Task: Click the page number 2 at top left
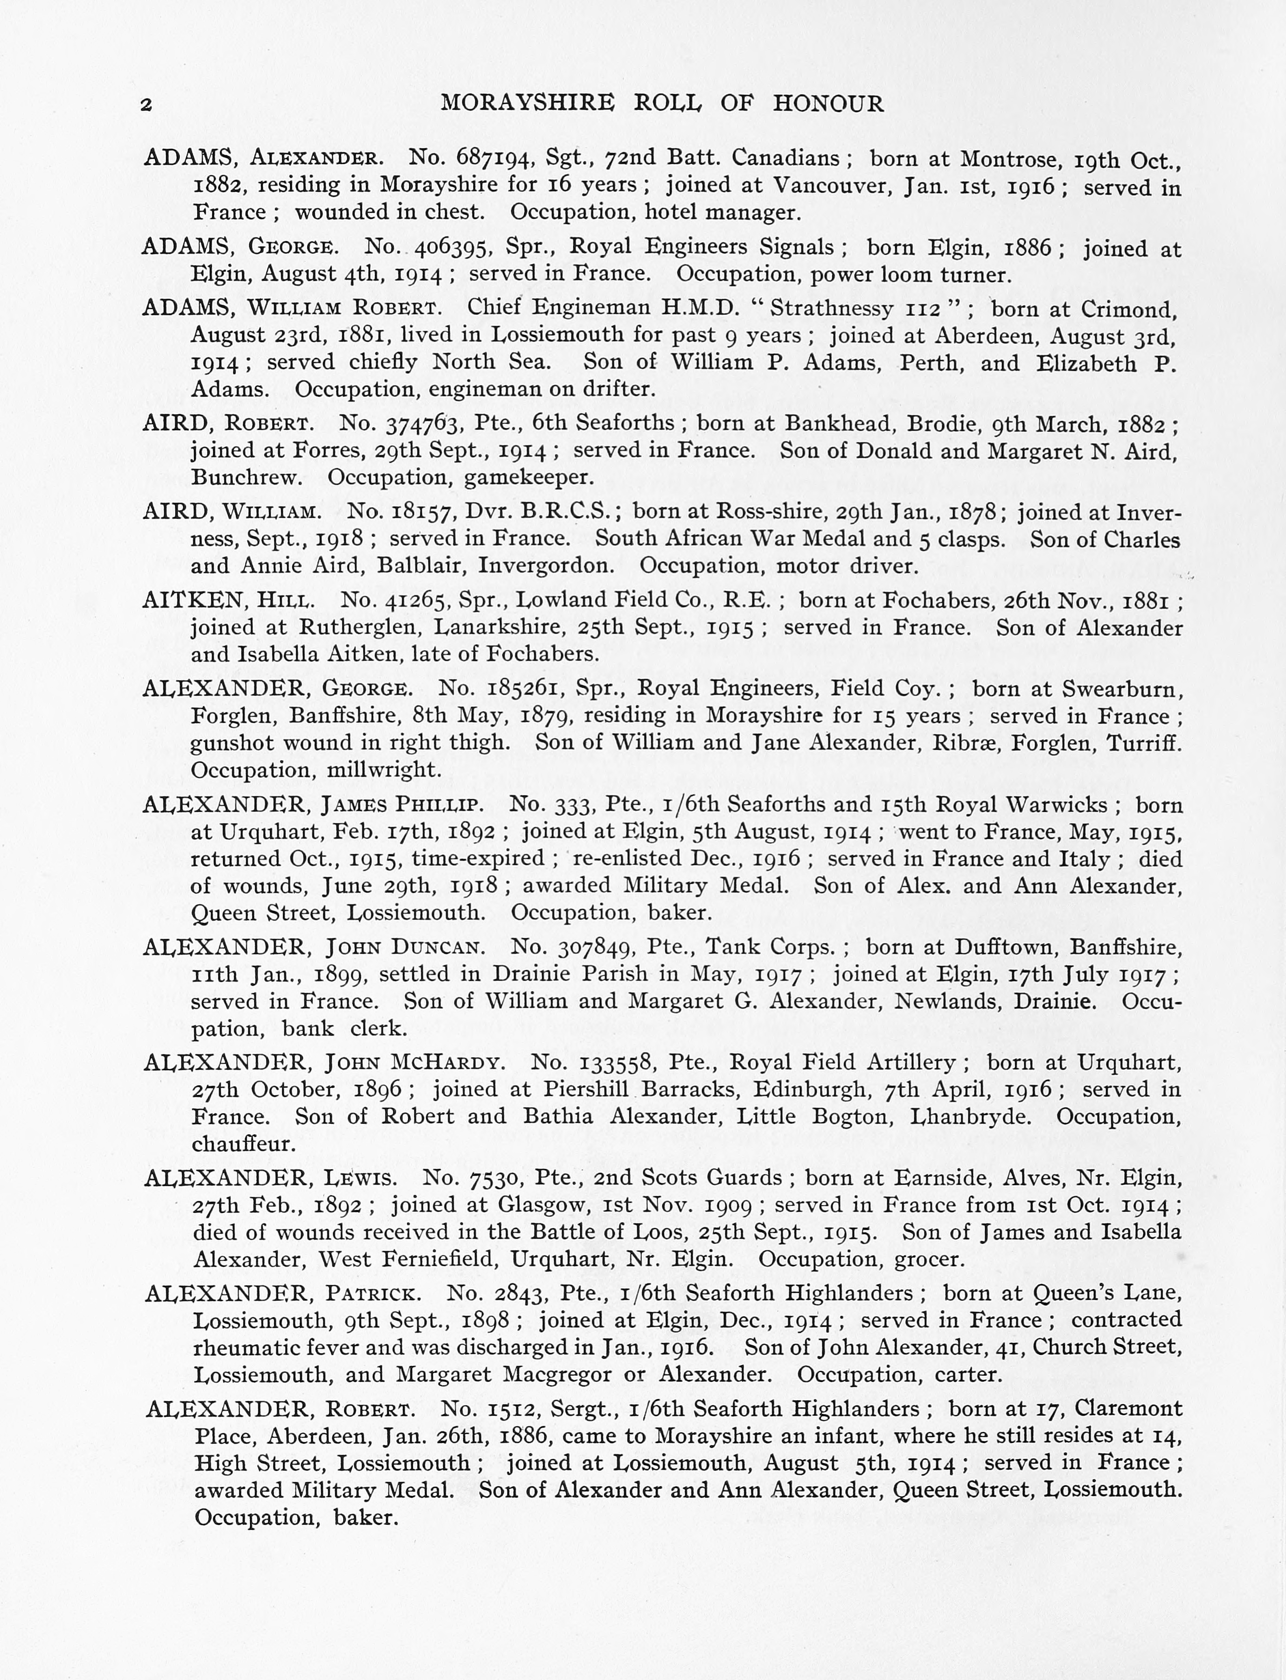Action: click(146, 105)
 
